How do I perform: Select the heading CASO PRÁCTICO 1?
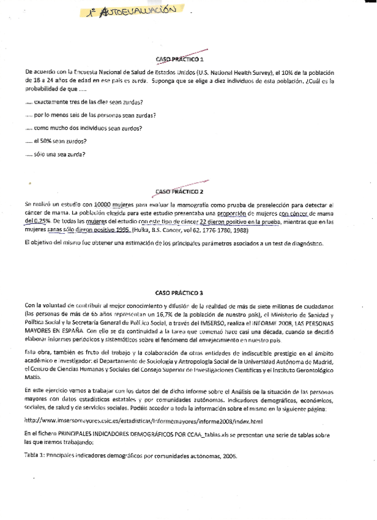pos(180,59)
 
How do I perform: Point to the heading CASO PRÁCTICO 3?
pos(180,293)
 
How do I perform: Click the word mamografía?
pos(192,204)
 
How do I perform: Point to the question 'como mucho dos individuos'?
pos(88,128)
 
